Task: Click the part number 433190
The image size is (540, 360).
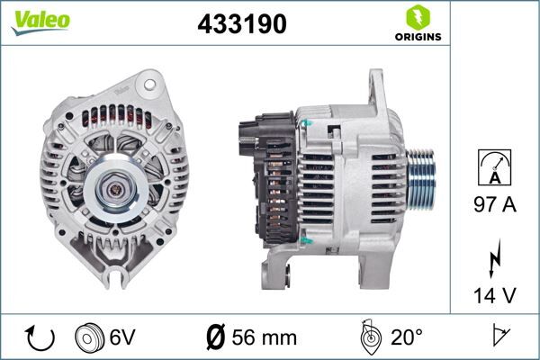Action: [x=241, y=25]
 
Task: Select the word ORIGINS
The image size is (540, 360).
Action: [x=417, y=38]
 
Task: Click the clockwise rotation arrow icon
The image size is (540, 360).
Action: [x=40, y=338]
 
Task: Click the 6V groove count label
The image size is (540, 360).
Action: [x=123, y=338]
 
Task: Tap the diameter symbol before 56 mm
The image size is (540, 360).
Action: [x=215, y=338]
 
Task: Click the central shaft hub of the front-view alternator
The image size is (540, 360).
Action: [x=114, y=189]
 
